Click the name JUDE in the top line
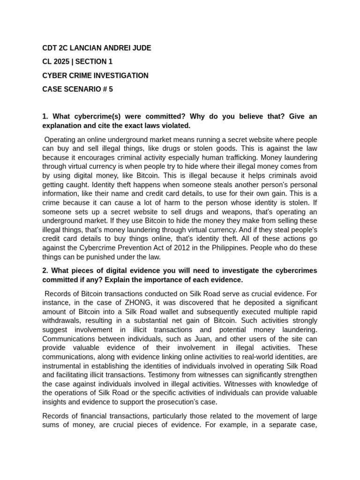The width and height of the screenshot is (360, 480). [x=141, y=48]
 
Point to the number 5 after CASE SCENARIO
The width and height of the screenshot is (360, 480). [x=111, y=89]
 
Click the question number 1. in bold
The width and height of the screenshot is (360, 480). [x=45, y=116]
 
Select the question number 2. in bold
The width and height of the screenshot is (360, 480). [x=45, y=270]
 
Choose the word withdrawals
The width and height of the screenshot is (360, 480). [x=62, y=321]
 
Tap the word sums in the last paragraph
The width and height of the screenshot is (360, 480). [x=51, y=425]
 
